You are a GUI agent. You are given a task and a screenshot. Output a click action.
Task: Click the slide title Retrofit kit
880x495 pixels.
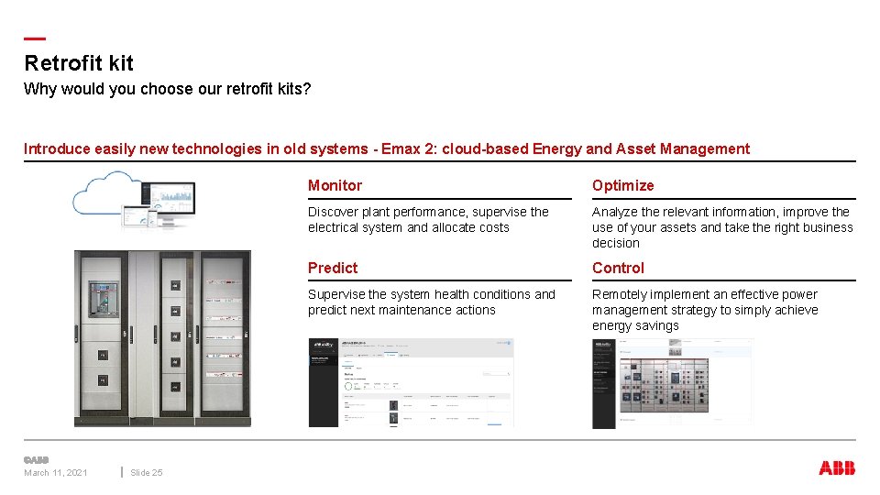pos(79,63)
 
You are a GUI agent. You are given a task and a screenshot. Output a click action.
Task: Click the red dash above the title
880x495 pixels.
pos(34,38)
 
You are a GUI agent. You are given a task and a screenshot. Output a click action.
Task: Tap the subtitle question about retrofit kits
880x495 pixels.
pos(167,89)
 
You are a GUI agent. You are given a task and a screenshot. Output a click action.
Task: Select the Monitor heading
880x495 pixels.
pos(335,185)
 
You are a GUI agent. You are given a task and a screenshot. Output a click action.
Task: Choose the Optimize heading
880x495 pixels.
pos(622,185)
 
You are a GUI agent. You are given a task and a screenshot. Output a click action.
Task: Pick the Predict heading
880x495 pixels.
pos(333,268)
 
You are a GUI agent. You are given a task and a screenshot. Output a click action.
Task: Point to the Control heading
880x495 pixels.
pos(618,268)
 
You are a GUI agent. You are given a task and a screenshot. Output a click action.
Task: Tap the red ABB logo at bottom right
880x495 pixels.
pos(836,468)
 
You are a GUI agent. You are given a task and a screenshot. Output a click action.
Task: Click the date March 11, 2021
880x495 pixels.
pos(56,473)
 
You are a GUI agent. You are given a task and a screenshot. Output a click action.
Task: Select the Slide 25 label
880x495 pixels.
pos(146,473)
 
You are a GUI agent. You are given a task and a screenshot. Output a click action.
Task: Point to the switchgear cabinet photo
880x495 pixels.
pos(161,338)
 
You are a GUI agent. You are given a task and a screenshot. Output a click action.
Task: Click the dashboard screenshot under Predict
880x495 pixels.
pos(411,382)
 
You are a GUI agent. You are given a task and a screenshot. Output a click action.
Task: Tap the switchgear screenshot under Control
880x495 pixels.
pos(672,383)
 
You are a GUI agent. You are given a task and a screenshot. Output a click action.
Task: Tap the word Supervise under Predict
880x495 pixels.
pos(336,294)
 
